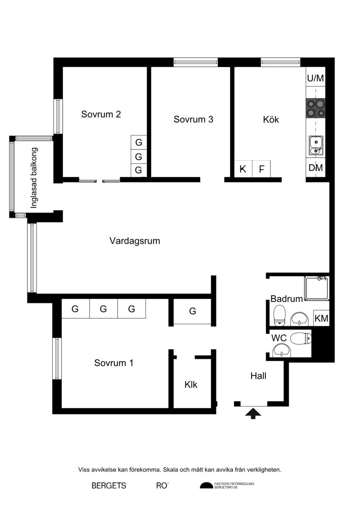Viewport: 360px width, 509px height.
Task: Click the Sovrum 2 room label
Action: point(101,114)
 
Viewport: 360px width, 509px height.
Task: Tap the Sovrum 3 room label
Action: point(193,119)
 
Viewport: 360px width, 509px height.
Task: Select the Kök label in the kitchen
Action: point(271,119)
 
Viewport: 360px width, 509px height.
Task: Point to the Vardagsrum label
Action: point(135,241)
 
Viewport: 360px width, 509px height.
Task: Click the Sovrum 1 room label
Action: point(113,363)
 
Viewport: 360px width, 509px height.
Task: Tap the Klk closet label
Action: point(191,385)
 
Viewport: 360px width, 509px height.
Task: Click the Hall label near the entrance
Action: point(258,376)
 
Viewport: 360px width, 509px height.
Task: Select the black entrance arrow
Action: point(253,414)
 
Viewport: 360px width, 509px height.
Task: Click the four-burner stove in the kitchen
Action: point(315,108)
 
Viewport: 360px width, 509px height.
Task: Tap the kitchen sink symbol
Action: point(315,145)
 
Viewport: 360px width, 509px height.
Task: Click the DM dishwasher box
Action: point(315,167)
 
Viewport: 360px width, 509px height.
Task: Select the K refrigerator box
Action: point(243,169)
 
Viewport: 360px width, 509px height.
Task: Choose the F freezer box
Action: point(261,169)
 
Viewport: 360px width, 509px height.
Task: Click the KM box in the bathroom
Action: point(321,318)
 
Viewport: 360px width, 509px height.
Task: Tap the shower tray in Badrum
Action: point(317,288)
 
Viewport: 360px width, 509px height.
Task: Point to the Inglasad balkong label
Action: point(34,178)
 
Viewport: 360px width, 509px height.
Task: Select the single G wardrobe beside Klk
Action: point(193,311)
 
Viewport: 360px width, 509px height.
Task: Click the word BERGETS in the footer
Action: point(109,486)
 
